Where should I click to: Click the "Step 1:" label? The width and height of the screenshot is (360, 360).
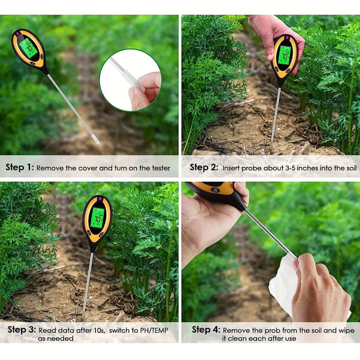click(x=20, y=168)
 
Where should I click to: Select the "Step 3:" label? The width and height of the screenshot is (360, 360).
click(x=20, y=329)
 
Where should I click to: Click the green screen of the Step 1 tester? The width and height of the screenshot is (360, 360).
click(x=28, y=47)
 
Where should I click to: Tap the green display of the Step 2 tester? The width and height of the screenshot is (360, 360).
click(x=284, y=55)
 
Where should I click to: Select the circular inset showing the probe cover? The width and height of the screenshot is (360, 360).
click(x=130, y=80)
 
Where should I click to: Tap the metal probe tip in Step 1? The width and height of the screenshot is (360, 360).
click(x=95, y=140)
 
